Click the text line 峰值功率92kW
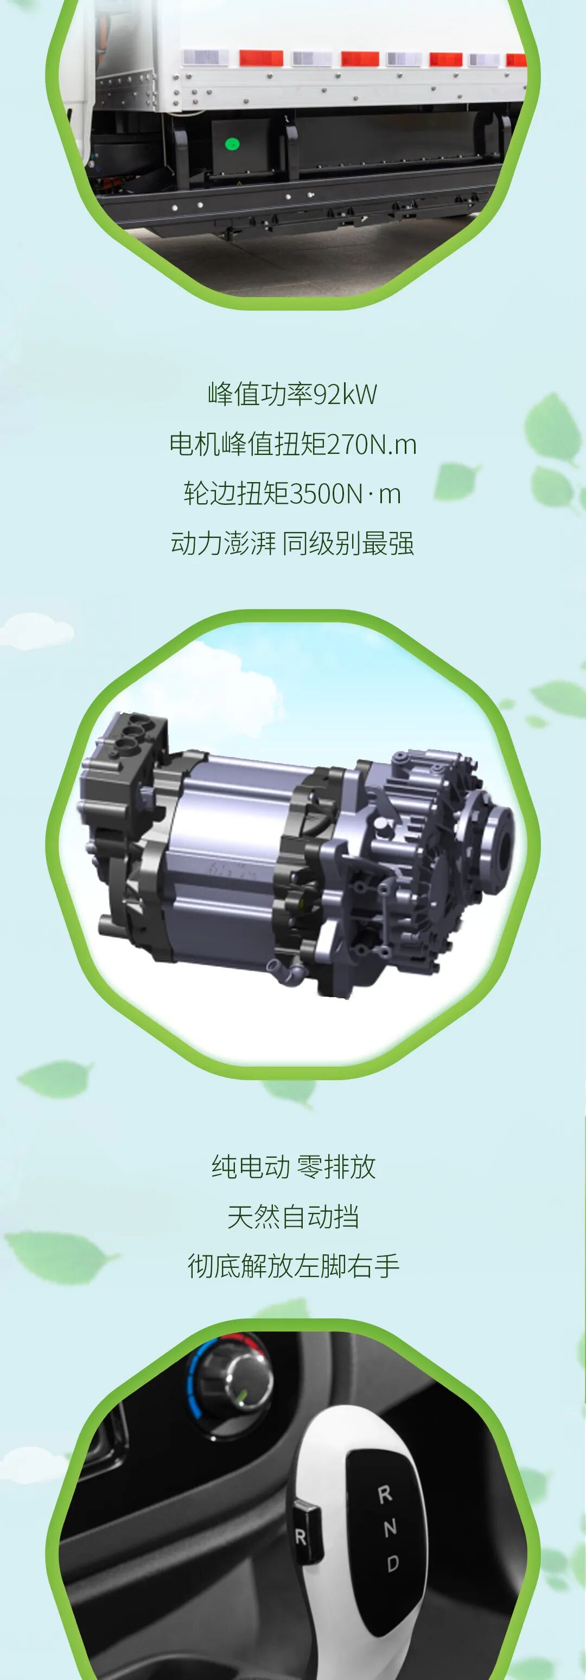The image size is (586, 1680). tap(292, 394)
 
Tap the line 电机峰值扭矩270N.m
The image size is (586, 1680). tap(292, 444)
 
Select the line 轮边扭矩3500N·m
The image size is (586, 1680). tap(292, 493)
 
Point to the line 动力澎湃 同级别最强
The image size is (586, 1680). tap(292, 543)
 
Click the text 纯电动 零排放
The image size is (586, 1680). tap(294, 1167)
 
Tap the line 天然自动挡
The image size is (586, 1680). tap(293, 1216)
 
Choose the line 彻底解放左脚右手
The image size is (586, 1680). tap(293, 1266)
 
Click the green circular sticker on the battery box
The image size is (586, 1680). tap(232, 144)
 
